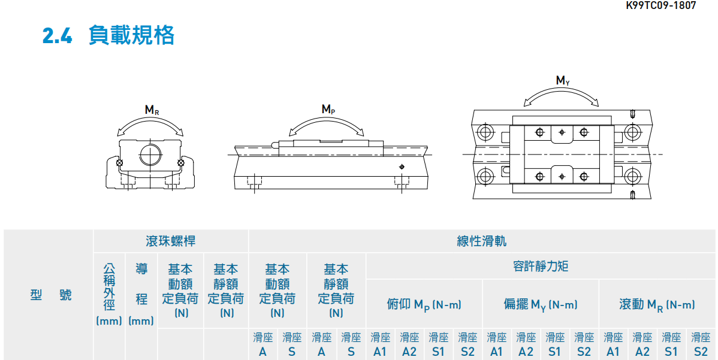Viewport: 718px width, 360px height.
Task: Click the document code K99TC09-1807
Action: tap(661, 5)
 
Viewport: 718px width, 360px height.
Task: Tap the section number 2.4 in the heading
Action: tap(58, 36)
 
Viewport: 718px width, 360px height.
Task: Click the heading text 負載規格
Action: tap(131, 36)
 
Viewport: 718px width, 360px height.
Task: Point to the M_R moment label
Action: tap(152, 110)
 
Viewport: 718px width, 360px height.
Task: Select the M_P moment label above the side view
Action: tap(328, 109)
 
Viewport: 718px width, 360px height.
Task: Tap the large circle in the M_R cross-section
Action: tap(150, 155)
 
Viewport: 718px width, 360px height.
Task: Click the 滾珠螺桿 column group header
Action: tap(171, 241)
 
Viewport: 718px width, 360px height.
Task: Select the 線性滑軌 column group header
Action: tap(482, 241)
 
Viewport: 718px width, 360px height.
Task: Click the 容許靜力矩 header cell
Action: tap(541, 266)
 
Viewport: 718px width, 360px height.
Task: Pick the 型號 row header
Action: tap(50, 295)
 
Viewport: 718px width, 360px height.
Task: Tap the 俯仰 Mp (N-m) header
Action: tap(424, 304)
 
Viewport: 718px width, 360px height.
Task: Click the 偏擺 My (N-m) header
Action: tap(540, 304)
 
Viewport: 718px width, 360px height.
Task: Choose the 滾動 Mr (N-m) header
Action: tap(657, 304)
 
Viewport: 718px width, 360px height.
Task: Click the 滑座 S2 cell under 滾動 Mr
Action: tap(701, 344)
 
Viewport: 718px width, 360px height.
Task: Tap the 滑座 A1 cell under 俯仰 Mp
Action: tap(380, 344)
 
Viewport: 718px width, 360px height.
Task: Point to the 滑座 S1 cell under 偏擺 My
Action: tap(555, 344)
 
